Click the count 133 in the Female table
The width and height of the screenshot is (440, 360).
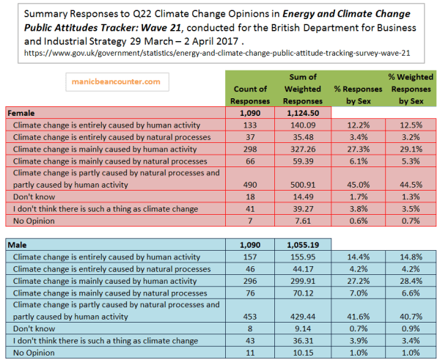tap(249, 125)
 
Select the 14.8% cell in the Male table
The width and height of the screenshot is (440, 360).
tap(412, 255)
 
